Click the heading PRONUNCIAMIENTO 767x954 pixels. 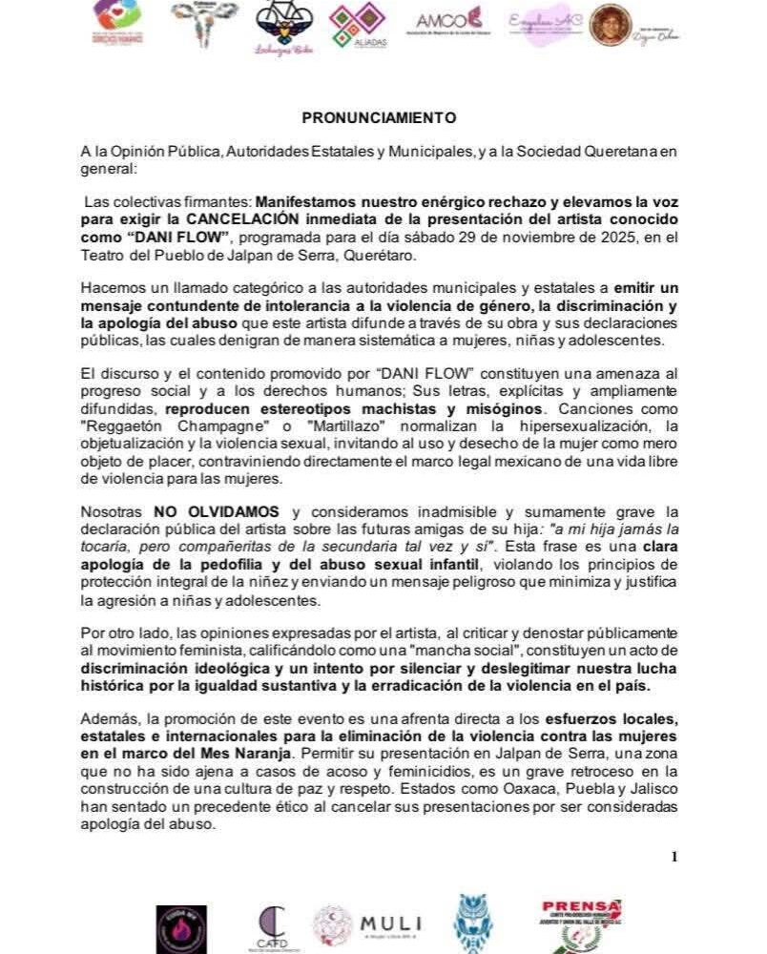click(379, 117)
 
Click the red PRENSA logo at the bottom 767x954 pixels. click(581, 923)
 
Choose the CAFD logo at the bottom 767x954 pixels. click(273, 924)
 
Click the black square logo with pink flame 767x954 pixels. click(180, 929)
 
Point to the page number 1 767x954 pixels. click(674, 856)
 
